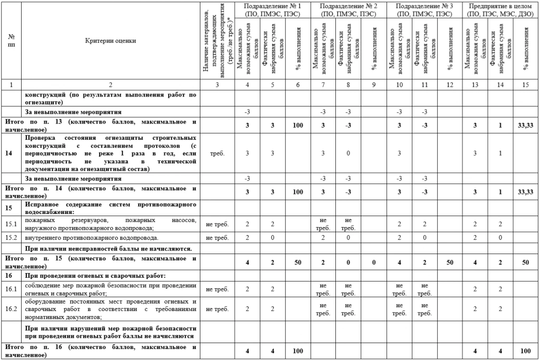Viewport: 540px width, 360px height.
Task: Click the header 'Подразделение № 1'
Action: (273, 6)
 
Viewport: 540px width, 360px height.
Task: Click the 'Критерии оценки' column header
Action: (110, 40)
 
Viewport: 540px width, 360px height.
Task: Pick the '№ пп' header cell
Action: (12, 40)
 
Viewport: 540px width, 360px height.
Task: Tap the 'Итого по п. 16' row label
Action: (100, 351)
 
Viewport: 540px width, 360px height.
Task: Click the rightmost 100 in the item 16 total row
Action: (526, 351)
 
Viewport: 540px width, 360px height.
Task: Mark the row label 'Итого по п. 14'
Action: (100, 191)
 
